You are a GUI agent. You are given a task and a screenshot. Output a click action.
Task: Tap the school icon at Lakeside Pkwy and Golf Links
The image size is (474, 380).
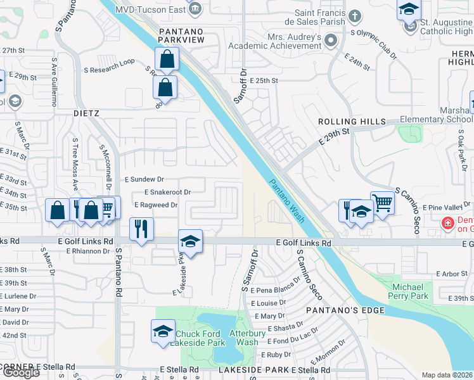(190, 241)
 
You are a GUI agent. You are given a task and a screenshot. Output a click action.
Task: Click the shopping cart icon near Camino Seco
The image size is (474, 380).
(382, 203)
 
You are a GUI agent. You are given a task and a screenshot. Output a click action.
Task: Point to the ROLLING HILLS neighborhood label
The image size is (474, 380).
(352, 122)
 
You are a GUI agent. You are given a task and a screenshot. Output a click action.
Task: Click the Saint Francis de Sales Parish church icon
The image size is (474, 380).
(355, 16)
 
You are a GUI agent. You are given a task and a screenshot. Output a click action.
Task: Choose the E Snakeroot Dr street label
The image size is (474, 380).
(167, 191)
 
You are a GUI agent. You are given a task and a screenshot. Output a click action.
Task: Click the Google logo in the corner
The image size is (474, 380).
(21, 372)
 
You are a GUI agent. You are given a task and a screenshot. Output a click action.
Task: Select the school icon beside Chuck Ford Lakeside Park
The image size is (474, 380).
(163, 331)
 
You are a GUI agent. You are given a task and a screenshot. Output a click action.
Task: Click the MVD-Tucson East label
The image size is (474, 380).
(150, 10)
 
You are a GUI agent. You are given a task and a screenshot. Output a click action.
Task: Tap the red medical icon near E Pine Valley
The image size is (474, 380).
(448, 223)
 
